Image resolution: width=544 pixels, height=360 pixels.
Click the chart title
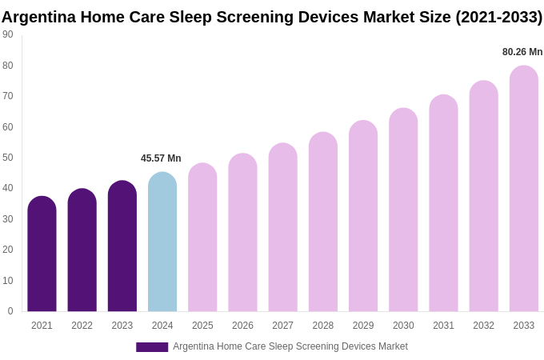tap(272, 17)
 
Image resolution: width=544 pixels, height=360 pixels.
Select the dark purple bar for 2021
tap(42, 254)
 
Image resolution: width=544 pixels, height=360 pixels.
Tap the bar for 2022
tap(82, 250)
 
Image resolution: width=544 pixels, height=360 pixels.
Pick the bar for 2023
tap(122, 246)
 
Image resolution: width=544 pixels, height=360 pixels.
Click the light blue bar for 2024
tap(162, 242)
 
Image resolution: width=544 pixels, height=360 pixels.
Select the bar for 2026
tap(242, 233)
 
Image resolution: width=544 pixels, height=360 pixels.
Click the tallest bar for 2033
tap(524, 189)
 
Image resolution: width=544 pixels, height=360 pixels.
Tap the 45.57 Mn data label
tap(161, 158)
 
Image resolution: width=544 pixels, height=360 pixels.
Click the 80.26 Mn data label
tap(522, 52)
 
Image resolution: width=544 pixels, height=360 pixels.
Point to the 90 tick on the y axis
tap(8, 34)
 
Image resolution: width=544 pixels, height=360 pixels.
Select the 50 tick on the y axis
tap(8, 158)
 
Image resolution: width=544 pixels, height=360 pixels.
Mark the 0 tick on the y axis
tap(10, 311)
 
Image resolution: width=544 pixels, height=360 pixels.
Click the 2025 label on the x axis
tap(202, 326)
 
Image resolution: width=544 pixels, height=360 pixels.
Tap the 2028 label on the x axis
tap(323, 326)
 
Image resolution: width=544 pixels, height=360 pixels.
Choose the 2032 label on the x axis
tap(483, 326)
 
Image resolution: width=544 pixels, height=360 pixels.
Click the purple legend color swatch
tap(152, 347)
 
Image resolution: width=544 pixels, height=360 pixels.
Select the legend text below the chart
tap(290, 346)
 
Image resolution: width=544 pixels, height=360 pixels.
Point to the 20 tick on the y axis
tap(8, 250)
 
